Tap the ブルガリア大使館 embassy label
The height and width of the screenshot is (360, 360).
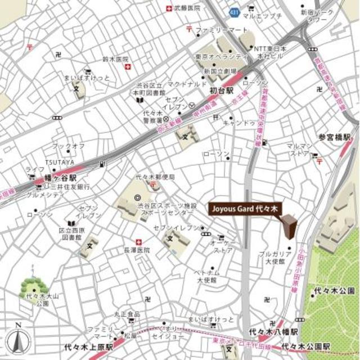274,258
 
